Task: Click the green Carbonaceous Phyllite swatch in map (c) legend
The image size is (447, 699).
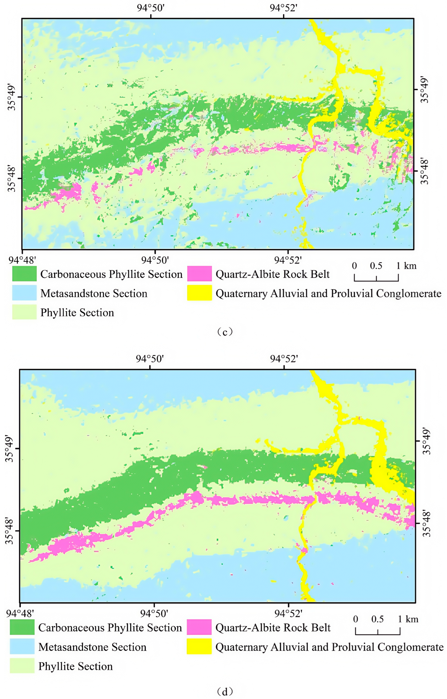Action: coord(24,274)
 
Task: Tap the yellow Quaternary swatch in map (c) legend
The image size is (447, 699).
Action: coord(199,293)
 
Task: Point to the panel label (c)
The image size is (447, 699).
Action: coord(225,331)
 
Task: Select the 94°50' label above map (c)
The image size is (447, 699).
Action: coord(151,8)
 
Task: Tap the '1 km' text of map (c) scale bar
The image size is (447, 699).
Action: coord(406,266)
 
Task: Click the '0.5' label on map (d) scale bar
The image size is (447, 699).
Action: coord(378,619)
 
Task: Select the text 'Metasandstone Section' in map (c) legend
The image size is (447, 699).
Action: coord(94,293)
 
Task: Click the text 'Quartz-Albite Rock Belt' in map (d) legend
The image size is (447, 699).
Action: coord(273,628)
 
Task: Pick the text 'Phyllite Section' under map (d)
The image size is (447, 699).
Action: coord(76,666)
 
